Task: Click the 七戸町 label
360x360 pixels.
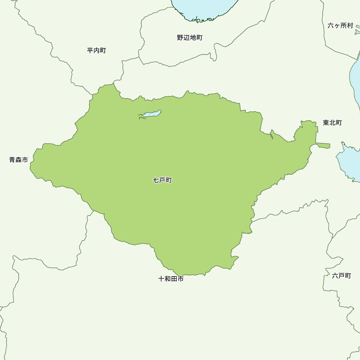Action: [x=162, y=180]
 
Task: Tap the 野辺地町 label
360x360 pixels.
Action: [x=190, y=37]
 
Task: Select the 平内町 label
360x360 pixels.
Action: [x=96, y=50]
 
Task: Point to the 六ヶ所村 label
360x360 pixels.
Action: [x=341, y=26]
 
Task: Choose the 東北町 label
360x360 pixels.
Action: [x=332, y=123]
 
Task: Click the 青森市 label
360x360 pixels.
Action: [x=19, y=160]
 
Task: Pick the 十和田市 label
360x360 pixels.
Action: [x=171, y=279]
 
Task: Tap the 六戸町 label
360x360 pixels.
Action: [x=341, y=276]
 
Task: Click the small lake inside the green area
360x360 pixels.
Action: [x=150, y=114]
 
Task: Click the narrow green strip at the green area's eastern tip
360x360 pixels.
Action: [x=323, y=145]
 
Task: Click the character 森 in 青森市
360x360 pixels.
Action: [x=19, y=160]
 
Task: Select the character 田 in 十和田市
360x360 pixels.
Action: [x=174, y=279]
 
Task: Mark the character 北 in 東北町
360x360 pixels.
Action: [x=332, y=123]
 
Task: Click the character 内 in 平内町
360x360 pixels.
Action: [x=96, y=50]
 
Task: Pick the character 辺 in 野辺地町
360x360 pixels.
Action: [x=186, y=37]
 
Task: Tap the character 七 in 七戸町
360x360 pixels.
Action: [x=156, y=180]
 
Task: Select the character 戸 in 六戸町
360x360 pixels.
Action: [x=341, y=276]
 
